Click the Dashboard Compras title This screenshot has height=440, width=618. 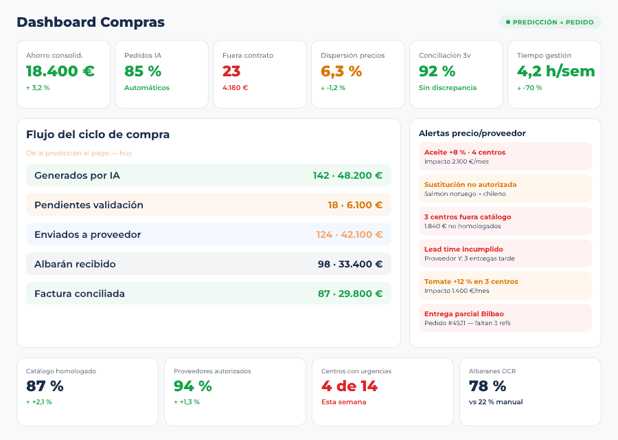click(91, 22)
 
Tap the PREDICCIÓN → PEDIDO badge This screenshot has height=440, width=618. click(550, 22)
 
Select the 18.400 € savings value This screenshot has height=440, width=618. click(60, 71)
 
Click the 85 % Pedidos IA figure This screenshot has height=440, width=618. click(143, 71)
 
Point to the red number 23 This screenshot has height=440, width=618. click(231, 71)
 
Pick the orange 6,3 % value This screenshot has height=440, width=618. click(341, 71)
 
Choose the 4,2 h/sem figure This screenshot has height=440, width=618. click(556, 71)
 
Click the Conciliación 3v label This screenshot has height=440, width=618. click(445, 56)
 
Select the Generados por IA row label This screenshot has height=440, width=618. click(77, 175)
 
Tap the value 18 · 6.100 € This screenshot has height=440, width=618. click(355, 205)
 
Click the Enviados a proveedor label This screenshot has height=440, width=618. click(88, 234)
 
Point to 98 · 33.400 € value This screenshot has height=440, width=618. click(350, 264)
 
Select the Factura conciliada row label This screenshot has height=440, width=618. click(80, 294)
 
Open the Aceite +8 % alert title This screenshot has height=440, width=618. click(465, 153)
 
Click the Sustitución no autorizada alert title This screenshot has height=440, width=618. click(470, 185)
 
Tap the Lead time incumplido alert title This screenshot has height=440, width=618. click(463, 250)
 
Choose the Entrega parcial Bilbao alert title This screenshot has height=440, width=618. click(464, 314)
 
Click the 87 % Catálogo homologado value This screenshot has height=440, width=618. click(45, 386)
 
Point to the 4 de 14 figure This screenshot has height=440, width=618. click(350, 386)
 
